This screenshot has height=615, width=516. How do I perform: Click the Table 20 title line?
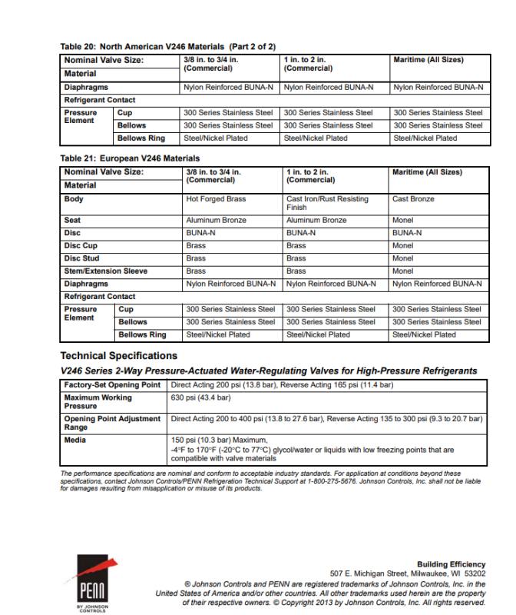[x=168, y=47]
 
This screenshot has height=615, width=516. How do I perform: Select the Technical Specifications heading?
[x=119, y=356]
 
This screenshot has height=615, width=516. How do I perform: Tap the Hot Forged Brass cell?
[x=216, y=199]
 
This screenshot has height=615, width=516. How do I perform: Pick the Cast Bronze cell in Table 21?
[x=413, y=199]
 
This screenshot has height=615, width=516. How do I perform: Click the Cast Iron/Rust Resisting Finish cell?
[x=327, y=203]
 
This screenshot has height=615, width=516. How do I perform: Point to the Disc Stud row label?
[x=81, y=258]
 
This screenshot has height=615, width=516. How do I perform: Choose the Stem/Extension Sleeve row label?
[x=106, y=271]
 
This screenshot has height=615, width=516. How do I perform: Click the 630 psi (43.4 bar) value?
[x=200, y=397]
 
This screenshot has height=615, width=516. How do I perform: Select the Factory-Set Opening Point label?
[x=112, y=384]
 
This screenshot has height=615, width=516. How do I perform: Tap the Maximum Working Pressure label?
[x=98, y=401]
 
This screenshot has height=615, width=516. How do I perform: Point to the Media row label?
[x=75, y=440]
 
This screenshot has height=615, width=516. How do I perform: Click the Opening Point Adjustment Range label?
[x=112, y=423]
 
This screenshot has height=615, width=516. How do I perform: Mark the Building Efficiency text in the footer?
[x=451, y=564]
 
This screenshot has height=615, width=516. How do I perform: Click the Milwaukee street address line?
[x=408, y=573]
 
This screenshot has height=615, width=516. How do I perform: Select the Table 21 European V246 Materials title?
[x=131, y=158]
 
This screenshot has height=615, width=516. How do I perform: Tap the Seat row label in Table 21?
[x=72, y=220]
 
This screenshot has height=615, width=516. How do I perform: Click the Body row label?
[x=74, y=199]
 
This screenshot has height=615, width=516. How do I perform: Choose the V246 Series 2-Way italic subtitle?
[x=268, y=371]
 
